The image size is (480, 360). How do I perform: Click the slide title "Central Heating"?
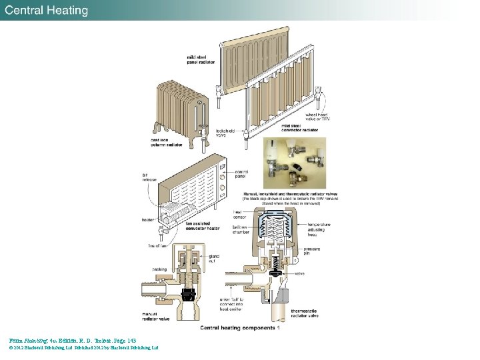(x=47, y=11)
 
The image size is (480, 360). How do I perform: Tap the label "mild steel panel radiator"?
(x=200, y=60)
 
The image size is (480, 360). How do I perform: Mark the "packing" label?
(x=159, y=269)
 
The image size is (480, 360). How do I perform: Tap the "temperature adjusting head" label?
(x=318, y=229)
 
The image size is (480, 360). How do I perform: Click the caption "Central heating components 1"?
(x=240, y=327)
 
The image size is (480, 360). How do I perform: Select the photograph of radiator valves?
(x=295, y=163)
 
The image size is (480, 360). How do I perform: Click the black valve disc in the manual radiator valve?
(x=189, y=291)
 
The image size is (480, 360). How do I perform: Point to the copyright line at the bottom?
(x=83, y=347)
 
